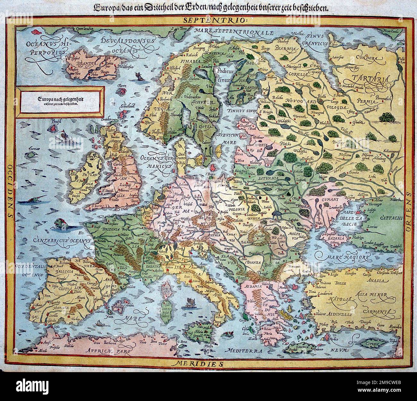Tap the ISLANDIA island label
83,72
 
